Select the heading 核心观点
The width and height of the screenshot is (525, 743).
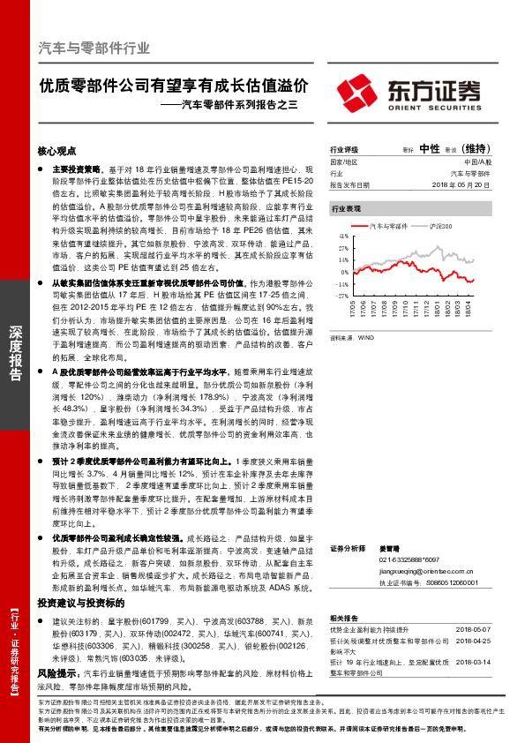click(57, 151)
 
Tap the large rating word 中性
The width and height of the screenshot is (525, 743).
click(430, 148)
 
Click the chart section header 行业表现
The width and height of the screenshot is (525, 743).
click(346, 208)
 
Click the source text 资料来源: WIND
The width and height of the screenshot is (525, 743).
click(352, 336)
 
